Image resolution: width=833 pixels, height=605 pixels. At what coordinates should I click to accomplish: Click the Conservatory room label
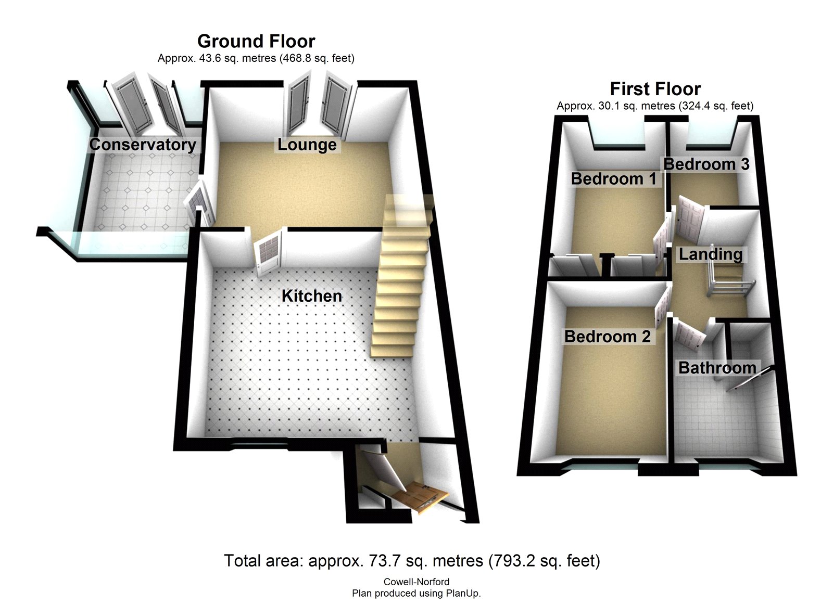[142, 144]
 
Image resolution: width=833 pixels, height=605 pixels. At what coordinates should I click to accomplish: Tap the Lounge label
[307, 144]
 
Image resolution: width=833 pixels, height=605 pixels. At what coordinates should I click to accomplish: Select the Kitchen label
[311, 296]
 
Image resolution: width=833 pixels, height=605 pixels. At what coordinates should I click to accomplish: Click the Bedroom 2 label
[607, 337]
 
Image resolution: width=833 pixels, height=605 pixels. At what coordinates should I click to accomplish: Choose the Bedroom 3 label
[706, 164]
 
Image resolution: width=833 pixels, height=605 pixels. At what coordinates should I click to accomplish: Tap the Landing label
[710, 254]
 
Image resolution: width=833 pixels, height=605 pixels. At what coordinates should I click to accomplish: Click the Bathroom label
[717, 368]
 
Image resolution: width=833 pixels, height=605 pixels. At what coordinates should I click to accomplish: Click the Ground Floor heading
[256, 41]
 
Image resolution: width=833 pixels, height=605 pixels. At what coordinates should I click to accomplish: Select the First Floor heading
[655, 89]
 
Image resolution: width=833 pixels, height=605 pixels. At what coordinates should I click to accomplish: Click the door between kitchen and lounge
[268, 252]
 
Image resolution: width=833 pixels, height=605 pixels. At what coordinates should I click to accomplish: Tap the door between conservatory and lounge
[198, 202]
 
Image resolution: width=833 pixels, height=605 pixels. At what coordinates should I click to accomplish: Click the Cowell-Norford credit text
[416, 582]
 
